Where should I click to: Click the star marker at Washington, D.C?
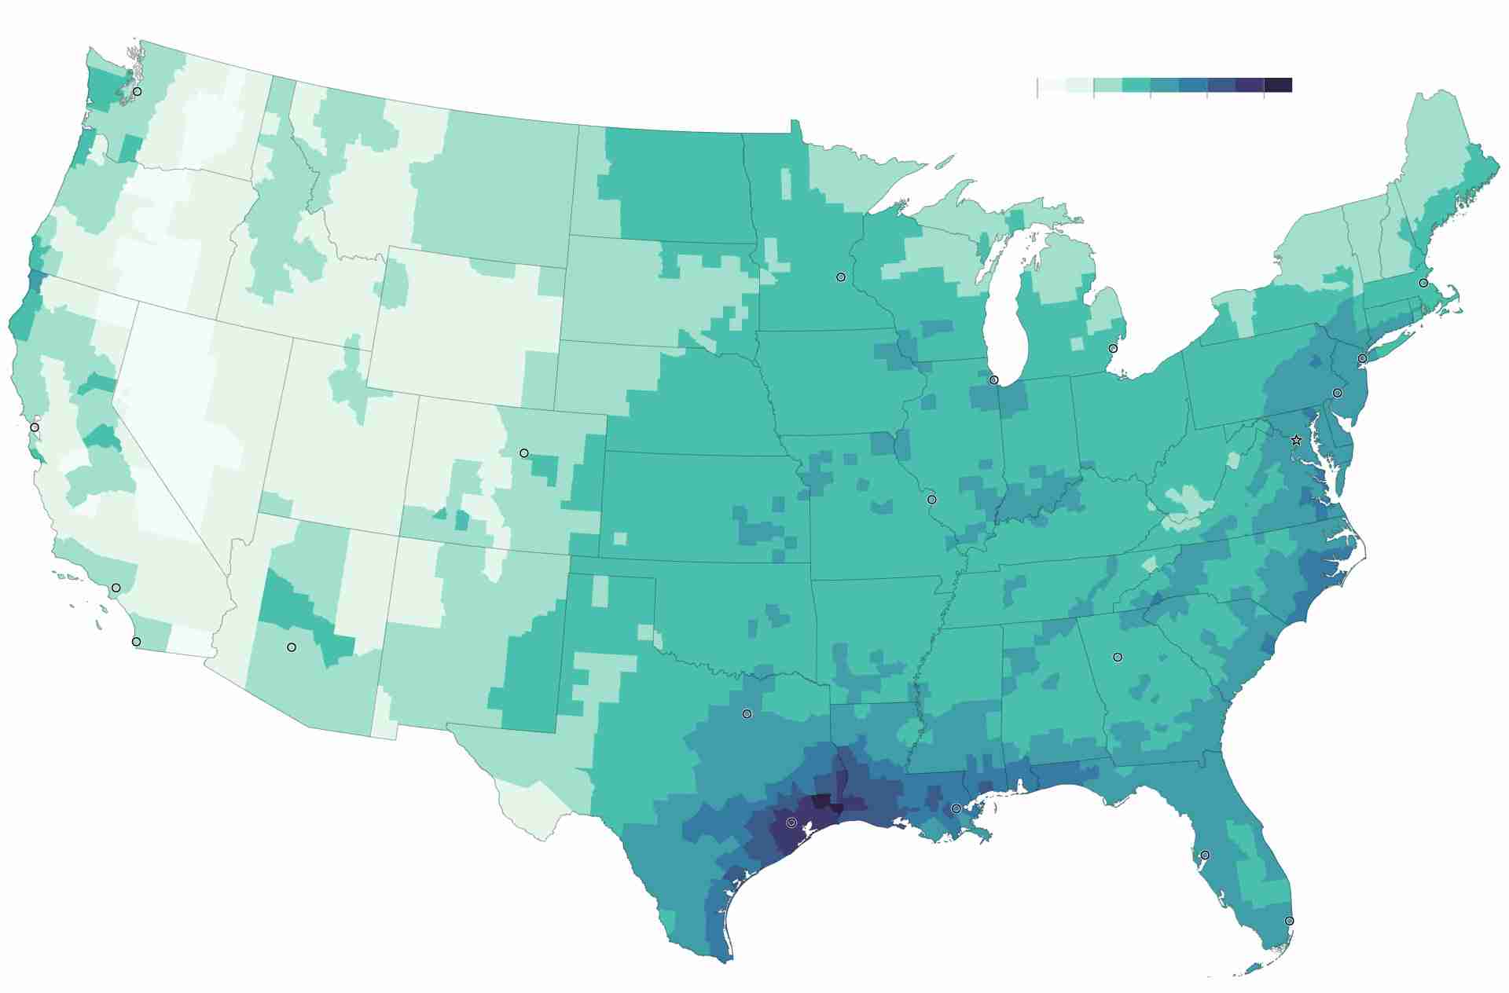[1297, 441]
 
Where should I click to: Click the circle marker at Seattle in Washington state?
[138, 92]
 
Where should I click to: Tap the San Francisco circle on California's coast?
[35, 427]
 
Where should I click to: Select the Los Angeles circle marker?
[116, 588]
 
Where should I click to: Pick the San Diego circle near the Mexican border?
[137, 642]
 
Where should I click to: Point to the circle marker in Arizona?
[292, 647]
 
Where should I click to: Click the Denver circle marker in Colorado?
[524, 453]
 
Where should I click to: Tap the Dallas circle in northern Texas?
[747, 714]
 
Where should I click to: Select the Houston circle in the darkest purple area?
[791, 823]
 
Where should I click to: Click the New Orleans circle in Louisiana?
[956, 808]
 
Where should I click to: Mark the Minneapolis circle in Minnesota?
[841, 277]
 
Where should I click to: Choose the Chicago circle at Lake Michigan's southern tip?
[993, 380]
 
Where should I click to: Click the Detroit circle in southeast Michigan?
[1113, 349]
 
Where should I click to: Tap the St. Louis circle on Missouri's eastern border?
[932, 500]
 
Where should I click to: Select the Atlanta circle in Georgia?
[1118, 657]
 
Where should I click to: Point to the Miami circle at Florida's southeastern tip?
[1289, 921]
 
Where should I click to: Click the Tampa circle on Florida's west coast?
[1205, 855]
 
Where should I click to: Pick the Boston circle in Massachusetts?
[1423, 283]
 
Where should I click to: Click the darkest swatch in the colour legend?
[1278, 85]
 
